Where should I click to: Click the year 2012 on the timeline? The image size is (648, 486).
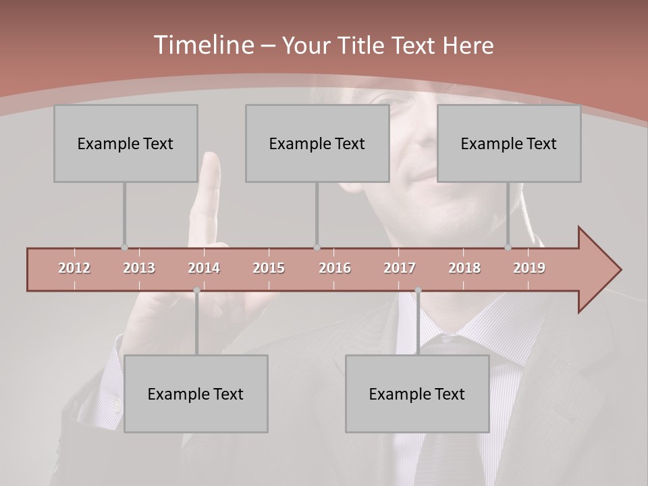[74, 268]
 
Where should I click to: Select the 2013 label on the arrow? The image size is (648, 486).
[139, 268]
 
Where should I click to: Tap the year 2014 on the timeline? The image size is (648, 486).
[204, 268]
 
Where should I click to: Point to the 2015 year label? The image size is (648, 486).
[269, 268]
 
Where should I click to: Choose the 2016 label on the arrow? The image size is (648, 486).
[335, 268]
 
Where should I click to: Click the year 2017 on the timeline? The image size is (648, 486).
[400, 268]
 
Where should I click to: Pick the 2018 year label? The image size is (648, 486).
[464, 268]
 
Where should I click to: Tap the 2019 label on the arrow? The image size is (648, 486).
[529, 268]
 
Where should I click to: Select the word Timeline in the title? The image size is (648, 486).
[202, 45]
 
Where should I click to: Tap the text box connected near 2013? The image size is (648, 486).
[126, 143]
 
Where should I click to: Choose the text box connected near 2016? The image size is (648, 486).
[317, 143]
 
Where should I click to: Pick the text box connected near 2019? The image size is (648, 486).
[509, 143]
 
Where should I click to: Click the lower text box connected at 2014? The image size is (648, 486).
[196, 394]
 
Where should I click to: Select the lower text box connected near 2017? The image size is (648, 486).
[417, 394]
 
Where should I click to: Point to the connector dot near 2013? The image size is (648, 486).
[124, 248]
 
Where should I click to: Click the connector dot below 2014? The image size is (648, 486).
[196, 290]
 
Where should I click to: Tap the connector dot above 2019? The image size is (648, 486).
[508, 248]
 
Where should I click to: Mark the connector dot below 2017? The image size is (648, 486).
[418, 290]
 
